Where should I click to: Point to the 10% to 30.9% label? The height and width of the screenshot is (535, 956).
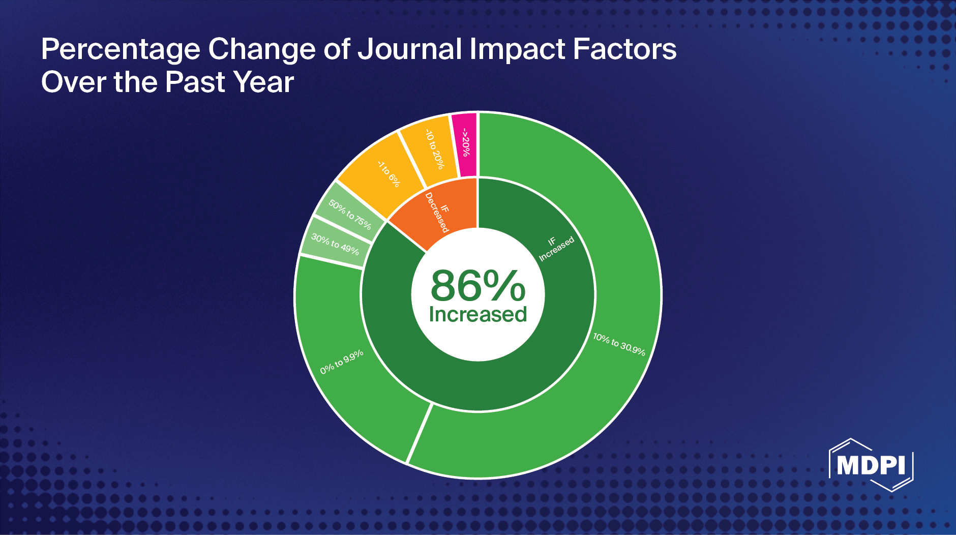(619, 345)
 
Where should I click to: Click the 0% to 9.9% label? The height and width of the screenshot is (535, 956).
(342, 362)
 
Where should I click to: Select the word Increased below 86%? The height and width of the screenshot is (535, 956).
(477, 314)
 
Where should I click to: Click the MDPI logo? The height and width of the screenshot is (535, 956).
(871, 465)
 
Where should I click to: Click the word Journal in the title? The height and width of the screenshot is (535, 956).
(410, 49)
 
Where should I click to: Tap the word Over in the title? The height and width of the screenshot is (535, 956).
(74, 82)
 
